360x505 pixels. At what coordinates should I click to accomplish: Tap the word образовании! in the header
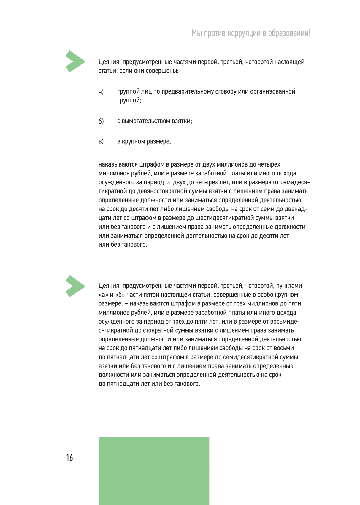(289, 33)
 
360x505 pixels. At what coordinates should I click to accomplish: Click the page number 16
(69, 457)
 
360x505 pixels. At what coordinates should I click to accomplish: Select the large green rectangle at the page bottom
(154, 471)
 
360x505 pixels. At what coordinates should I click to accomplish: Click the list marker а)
(101, 92)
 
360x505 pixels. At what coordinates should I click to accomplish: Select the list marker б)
(101, 121)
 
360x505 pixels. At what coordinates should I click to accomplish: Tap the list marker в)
(101, 141)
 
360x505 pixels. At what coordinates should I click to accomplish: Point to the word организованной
(273, 91)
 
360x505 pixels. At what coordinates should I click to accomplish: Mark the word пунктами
(289, 286)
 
